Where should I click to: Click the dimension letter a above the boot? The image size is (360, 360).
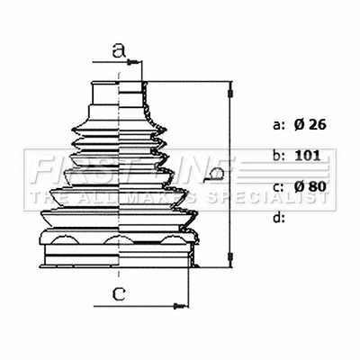coord(117,50)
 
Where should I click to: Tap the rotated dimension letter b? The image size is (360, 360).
coord(214,172)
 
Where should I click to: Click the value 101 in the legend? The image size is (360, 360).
coord(307,156)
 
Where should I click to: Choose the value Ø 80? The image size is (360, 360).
coord(310,186)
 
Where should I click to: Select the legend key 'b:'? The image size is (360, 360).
coord(277,156)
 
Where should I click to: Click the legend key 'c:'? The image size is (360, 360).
coord(277,186)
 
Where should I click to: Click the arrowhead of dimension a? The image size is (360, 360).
coord(137,62)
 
